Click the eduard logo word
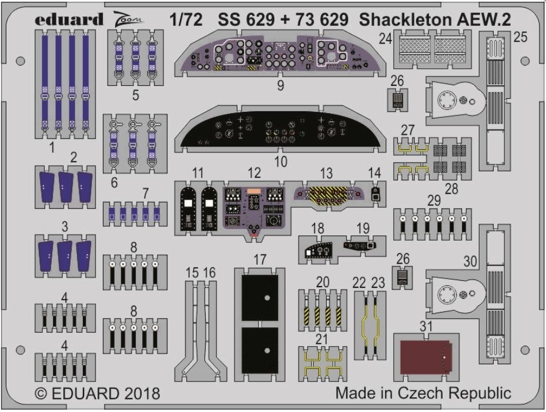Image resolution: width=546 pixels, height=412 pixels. pos(69,19)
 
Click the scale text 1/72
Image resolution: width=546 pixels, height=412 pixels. pos(186,19)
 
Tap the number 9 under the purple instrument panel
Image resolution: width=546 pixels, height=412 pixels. pos(281,85)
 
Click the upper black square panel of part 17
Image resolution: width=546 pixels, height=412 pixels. pos(260,298)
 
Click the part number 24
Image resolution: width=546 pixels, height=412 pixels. pos(386,38)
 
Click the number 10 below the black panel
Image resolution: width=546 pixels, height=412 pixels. pos(281,161)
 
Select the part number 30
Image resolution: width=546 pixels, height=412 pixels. pos(470,261)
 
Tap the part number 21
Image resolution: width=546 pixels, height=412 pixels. pos(321,339)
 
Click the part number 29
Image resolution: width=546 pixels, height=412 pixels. pos(434,201)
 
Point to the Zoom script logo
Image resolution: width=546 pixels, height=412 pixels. pos(128,18)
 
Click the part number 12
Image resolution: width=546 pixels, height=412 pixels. pos(254,173)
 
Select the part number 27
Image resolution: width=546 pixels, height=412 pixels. pos(407,130)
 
